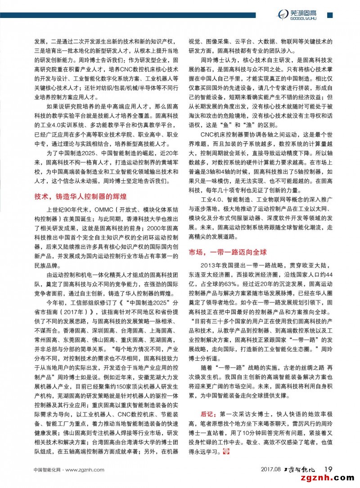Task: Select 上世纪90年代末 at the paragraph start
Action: coord(67,210)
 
